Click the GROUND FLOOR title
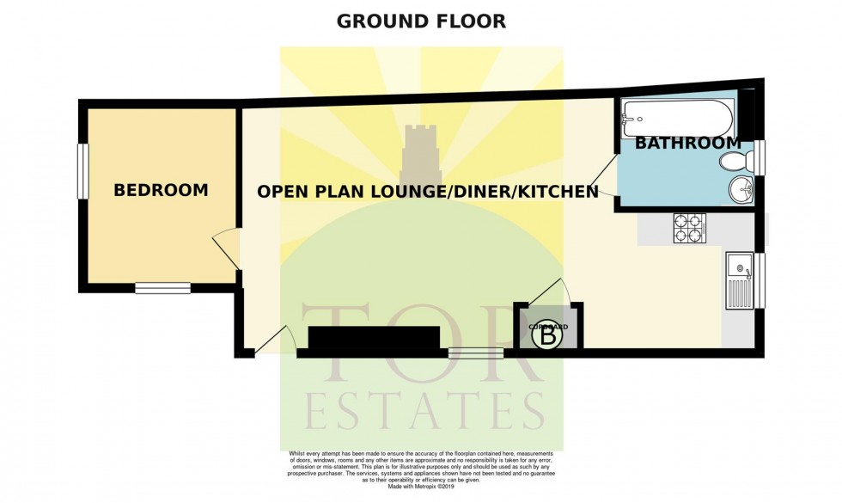tap(421, 21)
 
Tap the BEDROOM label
tap(161, 190)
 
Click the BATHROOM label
tap(686, 143)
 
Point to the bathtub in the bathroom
tap(675, 113)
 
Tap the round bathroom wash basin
tap(741, 189)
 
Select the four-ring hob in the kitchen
tap(689, 228)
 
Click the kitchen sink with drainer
tap(739, 280)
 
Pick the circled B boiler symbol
tap(548, 338)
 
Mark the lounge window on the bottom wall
tap(476, 351)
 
